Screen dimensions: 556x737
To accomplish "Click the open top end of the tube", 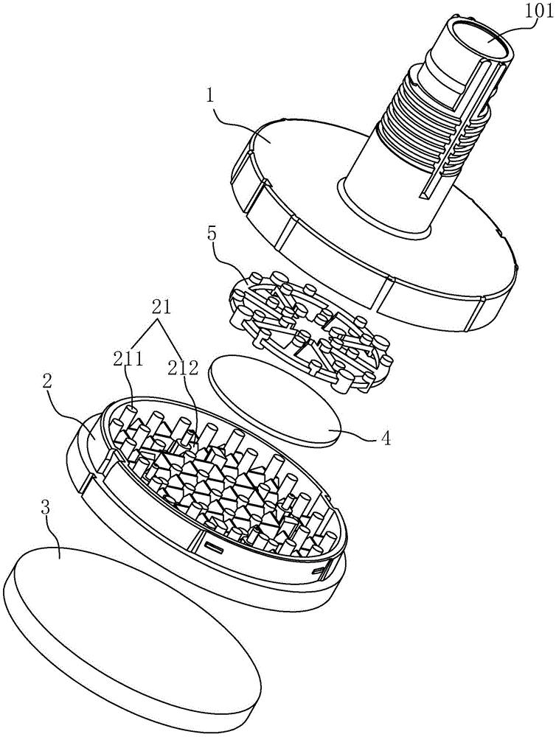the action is pos(487,41).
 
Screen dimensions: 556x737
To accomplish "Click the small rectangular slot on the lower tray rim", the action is pos(215,547).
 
